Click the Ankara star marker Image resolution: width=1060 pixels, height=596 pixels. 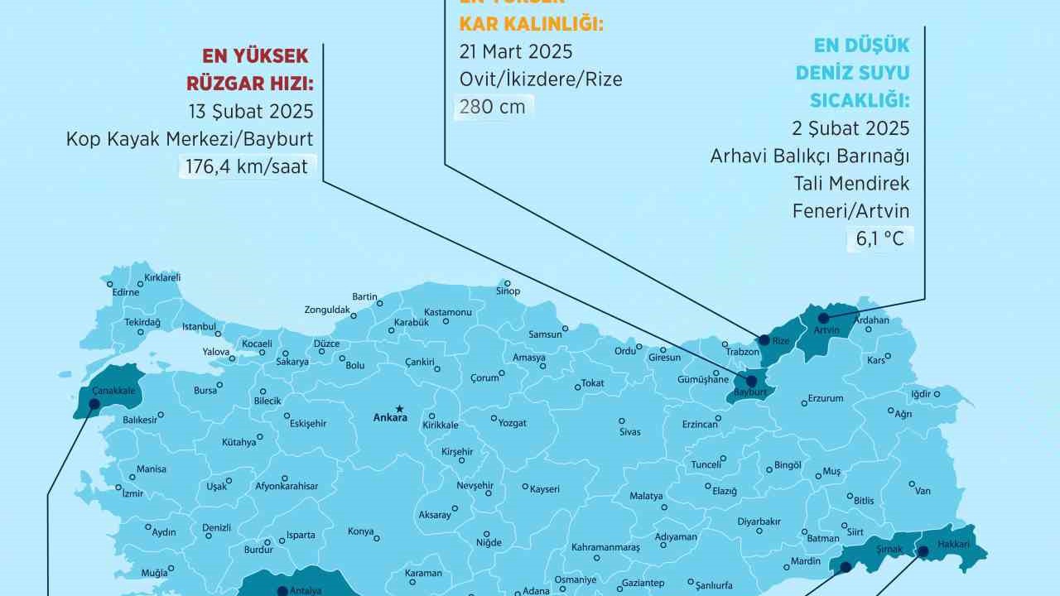pyautogui.click(x=399, y=407)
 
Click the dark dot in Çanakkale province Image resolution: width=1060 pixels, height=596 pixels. pyautogui.click(x=94, y=404)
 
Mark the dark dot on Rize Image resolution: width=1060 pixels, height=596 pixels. pyautogui.click(x=764, y=338)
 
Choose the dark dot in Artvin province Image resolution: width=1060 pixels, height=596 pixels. pyautogui.click(x=823, y=318)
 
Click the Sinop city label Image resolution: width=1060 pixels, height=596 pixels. pyautogui.click(x=507, y=291)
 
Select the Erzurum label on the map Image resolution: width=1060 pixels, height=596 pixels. pyautogui.click(x=825, y=398)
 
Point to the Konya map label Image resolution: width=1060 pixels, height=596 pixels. pyautogui.click(x=360, y=531)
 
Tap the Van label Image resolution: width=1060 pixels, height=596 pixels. pyautogui.click(x=923, y=491)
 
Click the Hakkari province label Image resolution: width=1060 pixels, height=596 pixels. pyautogui.click(x=953, y=545)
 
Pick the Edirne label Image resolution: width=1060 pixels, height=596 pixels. pyautogui.click(x=126, y=292)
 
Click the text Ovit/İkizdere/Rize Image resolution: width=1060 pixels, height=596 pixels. pyautogui.click(x=541, y=79)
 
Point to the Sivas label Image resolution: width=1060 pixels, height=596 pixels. pyautogui.click(x=629, y=432)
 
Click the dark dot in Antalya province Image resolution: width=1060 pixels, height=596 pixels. pyautogui.click(x=282, y=590)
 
